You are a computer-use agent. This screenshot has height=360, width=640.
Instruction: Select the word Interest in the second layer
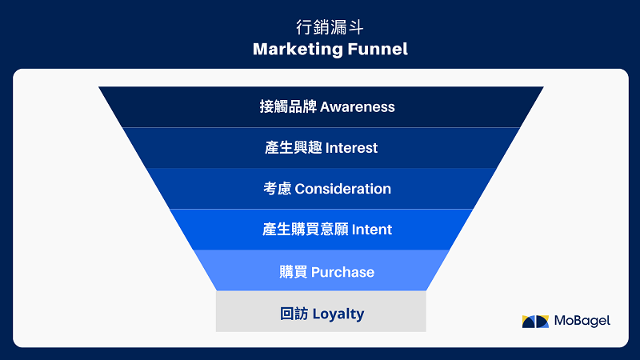tap(351, 148)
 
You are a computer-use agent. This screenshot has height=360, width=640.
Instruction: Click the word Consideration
tap(343, 189)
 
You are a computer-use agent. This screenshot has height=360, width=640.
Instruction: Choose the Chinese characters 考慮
tap(277, 189)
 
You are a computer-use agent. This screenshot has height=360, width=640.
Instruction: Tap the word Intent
tap(371, 230)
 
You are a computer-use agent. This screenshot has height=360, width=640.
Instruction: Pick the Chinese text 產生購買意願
tap(306, 230)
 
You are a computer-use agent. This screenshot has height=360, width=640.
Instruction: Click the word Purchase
tap(342, 272)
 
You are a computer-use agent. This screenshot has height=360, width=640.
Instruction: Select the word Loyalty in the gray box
tap(338, 314)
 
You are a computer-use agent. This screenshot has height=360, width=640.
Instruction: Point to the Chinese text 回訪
tap(294, 314)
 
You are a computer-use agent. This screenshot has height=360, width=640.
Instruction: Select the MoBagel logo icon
tap(535, 322)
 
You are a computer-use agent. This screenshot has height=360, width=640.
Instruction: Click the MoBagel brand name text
tap(582, 321)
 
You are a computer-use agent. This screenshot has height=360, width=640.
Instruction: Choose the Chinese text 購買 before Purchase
tap(293, 272)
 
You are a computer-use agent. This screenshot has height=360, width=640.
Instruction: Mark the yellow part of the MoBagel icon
tap(528, 324)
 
